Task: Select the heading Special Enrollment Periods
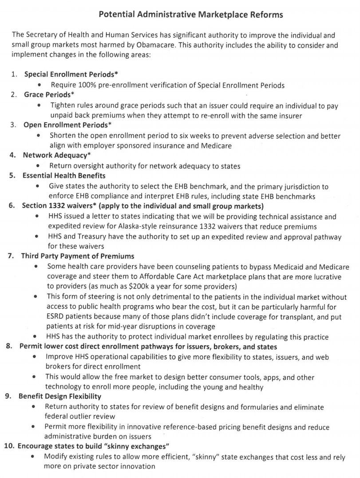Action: click(71, 74)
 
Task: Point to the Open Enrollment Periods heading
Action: click(67, 125)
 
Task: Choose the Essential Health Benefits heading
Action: click(64, 176)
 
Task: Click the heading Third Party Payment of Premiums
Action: click(78, 256)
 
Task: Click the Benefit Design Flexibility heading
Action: click(59, 396)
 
